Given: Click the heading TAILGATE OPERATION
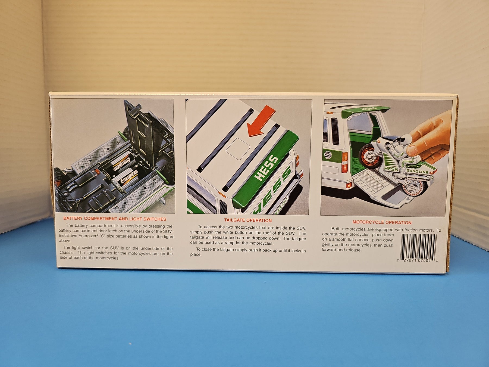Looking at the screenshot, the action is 248,220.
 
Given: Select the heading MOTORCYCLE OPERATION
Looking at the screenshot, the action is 382,222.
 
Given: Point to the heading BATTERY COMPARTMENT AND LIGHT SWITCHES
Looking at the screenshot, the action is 115,219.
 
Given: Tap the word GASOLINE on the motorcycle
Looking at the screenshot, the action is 417,171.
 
